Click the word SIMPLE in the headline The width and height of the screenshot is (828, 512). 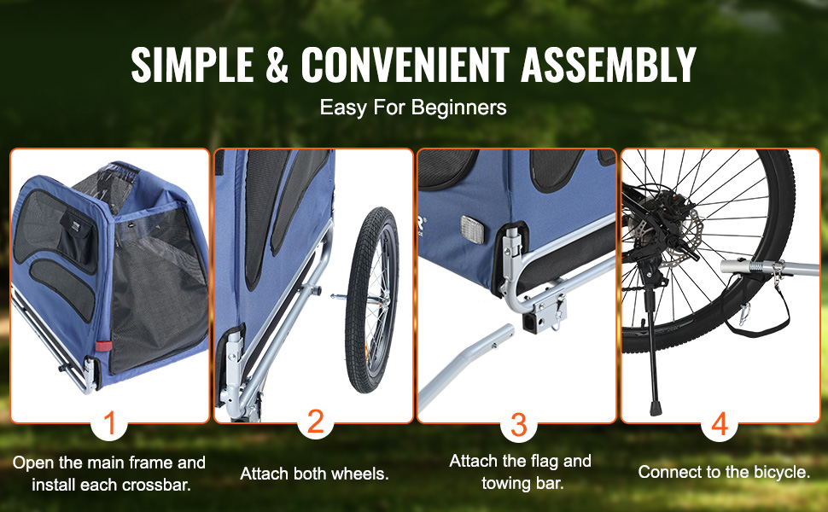192,64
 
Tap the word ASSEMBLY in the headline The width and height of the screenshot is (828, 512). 609,64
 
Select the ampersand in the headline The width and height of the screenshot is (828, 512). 277,64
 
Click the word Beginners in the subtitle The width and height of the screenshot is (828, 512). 459,108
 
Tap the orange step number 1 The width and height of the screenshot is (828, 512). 109,424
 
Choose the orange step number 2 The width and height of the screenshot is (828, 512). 315,422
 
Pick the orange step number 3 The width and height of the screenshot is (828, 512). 518,426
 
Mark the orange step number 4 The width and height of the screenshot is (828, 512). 720,424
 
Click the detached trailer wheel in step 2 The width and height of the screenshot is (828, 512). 372,300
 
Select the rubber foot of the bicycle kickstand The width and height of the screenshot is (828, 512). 656,408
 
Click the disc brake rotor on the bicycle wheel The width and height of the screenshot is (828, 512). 678,231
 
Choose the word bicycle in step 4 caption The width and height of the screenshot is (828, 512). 780,471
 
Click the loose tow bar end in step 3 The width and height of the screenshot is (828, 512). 499,336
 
